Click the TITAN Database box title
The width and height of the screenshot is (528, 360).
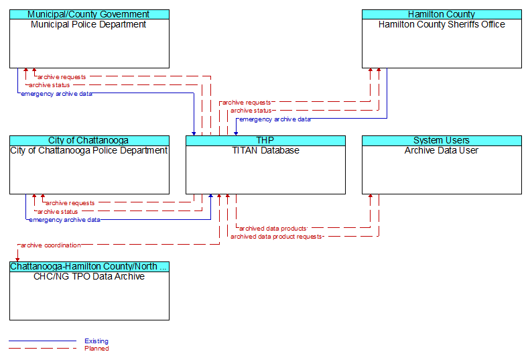(x=265, y=150)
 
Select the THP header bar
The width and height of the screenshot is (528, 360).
(x=265, y=140)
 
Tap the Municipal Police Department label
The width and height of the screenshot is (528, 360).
(x=88, y=24)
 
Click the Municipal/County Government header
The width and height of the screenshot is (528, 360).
(x=89, y=14)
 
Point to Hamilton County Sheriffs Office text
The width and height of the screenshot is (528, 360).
(x=442, y=24)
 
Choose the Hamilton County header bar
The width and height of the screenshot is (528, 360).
(x=442, y=14)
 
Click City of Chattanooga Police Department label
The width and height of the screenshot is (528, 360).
(x=89, y=150)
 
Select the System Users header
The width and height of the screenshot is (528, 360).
(x=442, y=140)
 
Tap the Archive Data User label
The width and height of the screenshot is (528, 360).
(x=442, y=150)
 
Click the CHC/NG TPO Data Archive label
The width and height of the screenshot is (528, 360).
(x=89, y=276)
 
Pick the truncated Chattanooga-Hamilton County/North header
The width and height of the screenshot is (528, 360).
(x=89, y=266)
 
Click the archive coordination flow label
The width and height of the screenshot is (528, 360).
(x=51, y=245)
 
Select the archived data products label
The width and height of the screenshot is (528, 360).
(x=273, y=229)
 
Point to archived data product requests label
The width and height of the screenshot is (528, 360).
(x=276, y=237)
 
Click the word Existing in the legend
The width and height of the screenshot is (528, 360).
(x=96, y=341)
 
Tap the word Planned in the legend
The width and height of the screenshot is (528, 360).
(x=96, y=349)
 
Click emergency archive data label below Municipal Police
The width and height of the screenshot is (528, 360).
(x=56, y=94)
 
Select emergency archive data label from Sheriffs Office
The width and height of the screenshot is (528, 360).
(x=275, y=119)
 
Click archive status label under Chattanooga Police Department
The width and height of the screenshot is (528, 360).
(x=58, y=211)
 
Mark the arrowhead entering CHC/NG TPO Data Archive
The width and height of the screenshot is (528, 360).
(x=17, y=259)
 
